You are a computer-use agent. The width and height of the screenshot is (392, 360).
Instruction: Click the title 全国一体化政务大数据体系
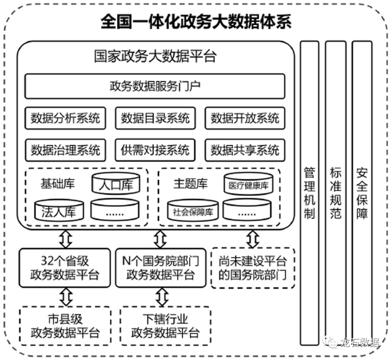pos(196,22)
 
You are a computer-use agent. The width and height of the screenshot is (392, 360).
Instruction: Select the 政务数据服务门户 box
pos(154,86)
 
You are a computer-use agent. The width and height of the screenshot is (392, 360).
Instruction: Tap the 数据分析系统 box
pos(65,118)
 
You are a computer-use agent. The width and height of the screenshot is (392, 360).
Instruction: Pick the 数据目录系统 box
pos(154,118)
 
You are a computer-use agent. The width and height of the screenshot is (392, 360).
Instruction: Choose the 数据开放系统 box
pos(245,118)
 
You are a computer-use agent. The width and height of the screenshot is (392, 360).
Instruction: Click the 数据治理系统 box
pos(65,149)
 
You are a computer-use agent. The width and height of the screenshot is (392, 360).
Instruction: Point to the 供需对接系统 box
pos(154,149)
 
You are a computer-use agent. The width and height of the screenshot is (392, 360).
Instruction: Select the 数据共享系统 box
pos(245,149)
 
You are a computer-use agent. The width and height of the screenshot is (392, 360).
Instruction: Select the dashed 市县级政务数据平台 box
pos(66,326)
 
